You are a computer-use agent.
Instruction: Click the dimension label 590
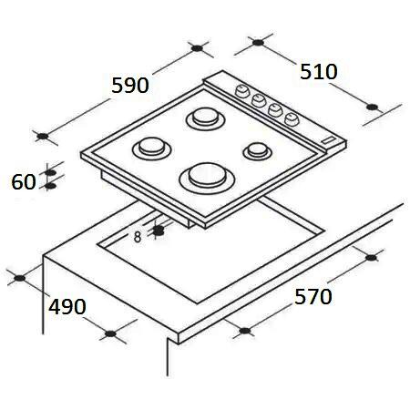coord(130,86)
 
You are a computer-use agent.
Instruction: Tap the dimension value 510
coord(319,72)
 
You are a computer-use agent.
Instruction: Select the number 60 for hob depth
coord(24,182)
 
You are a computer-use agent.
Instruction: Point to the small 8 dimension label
coord(138,237)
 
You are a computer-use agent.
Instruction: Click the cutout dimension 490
coord(67,307)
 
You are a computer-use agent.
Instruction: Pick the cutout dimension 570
coord(313,296)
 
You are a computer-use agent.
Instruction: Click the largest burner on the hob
coord(207,178)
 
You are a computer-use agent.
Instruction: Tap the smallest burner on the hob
coord(257,151)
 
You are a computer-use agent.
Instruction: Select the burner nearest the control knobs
coord(206,118)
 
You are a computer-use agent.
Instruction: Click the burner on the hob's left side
coord(151,148)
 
